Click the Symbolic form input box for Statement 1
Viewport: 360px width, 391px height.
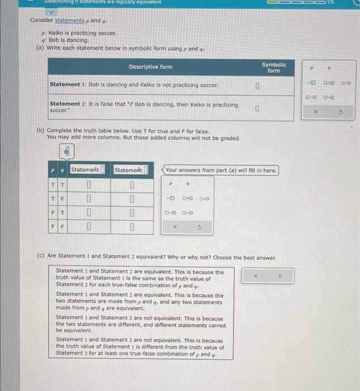pyautogui.click(x=257, y=86)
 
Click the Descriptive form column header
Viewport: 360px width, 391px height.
pyautogui.click(x=150, y=67)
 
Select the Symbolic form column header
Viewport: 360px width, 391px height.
pyautogui.click(x=273, y=67)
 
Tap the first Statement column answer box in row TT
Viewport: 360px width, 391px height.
pyautogui.click(x=89, y=185)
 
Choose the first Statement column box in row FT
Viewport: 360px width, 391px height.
pyautogui.click(x=89, y=213)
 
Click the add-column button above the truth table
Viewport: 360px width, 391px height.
pyautogui.click(x=67, y=151)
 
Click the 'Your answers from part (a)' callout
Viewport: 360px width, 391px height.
pyautogui.click(x=221, y=170)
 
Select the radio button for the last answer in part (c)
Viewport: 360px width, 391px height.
pyautogui.click(x=53, y=347)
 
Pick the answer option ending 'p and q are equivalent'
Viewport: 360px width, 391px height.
pyautogui.click(x=139, y=302)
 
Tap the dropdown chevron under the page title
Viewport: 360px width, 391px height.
pyautogui.click(x=51, y=11)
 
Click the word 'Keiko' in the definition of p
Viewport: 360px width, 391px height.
pyautogui.click(x=57, y=34)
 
